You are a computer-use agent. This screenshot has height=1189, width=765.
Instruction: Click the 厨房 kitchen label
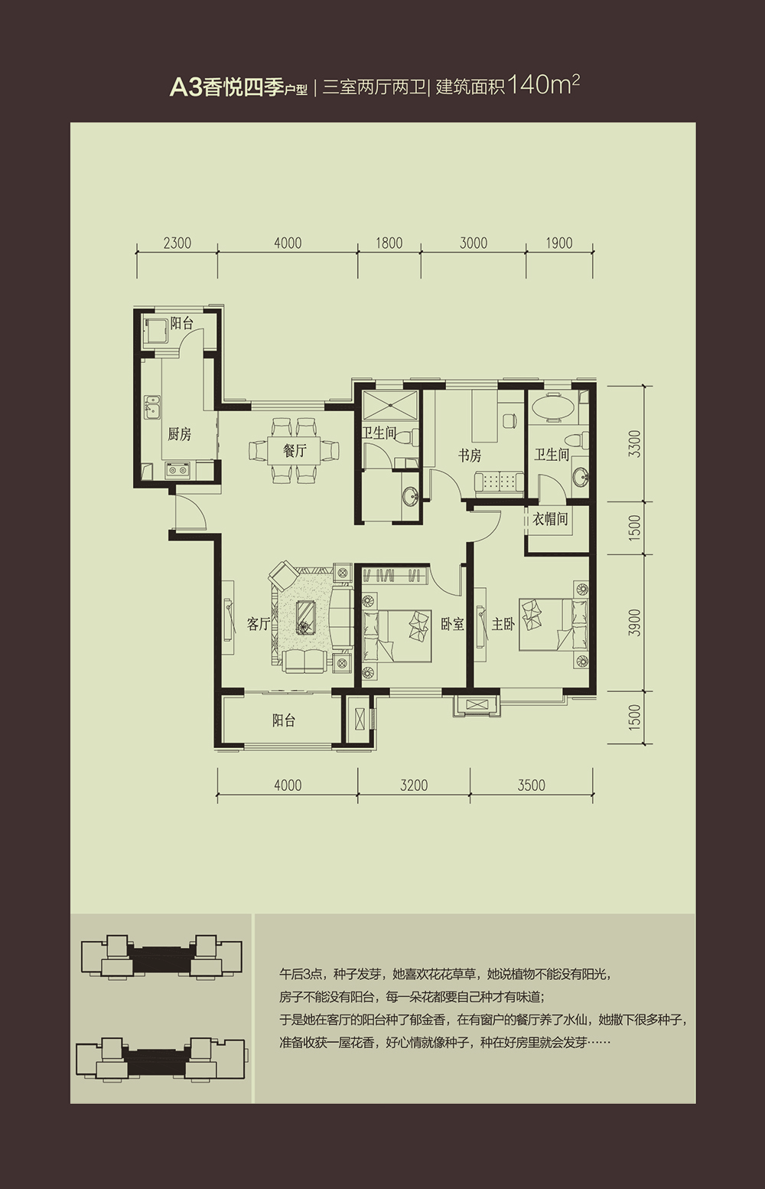coord(179,434)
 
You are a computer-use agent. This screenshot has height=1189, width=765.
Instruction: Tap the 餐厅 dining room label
coord(295,451)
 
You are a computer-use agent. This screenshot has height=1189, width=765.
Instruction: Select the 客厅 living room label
coord(259,624)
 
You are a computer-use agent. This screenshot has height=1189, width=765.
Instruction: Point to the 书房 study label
coord(470,456)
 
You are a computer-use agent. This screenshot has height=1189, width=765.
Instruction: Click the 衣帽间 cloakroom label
coord(550,518)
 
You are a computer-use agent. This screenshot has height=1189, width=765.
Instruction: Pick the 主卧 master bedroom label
coord(503,624)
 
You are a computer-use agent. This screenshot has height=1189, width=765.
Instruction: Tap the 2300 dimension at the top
coord(177,243)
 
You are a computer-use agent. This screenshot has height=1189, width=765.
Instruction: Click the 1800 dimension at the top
coord(389,243)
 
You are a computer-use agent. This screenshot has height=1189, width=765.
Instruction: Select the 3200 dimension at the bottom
coord(414,785)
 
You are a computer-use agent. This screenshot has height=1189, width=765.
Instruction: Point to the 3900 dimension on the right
coord(634,622)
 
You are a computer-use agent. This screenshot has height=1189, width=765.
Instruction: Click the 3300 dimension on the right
coord(634,444)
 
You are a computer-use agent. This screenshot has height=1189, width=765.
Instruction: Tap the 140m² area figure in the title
coord(543,85)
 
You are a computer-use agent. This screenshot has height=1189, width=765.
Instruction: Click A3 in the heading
coord(185,88)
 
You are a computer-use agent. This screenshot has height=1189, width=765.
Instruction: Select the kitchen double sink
coord(151,407)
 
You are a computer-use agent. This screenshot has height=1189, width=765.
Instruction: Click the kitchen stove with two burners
coord(177,470)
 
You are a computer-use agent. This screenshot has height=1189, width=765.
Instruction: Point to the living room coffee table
coord(306,617)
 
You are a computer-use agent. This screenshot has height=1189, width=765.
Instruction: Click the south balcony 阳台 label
coord(284,720)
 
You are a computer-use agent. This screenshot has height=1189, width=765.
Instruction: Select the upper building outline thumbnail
coord(161,956)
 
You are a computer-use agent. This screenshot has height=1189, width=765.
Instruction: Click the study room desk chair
coord(509,420)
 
